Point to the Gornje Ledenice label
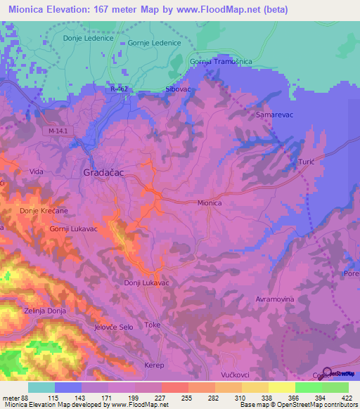pos(155,43)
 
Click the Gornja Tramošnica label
pos(221,62)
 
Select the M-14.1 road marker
pos(61,131)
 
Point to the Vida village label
pos(37,171)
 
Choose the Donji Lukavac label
pos(147,283)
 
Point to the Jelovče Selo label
pos(113,327)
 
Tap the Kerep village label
pos(154,366)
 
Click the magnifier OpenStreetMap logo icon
pos(327,372)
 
